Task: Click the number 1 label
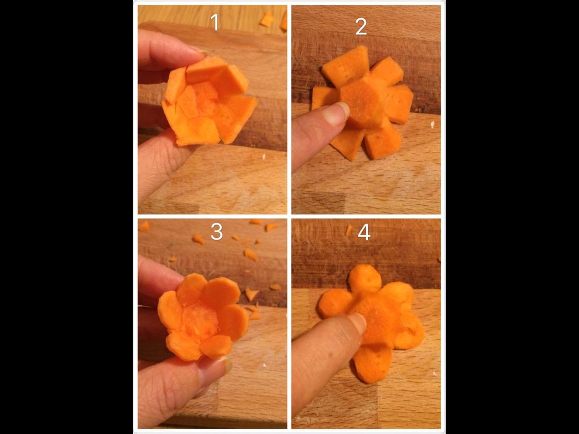(x=214, y=22)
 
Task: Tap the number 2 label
(x=361, y=27)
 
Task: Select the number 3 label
(x=217, y=232)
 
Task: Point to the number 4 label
(x=364, y=233)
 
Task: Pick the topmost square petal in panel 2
(x=346, y=66)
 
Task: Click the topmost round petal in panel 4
(x=365, y=279)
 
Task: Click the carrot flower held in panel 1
(x=209, y=101)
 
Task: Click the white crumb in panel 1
(x=264, y=157)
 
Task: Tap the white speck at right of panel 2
(x=432, y=125)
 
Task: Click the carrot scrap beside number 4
(x=348, y=230)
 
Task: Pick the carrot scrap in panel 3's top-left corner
(x=144, y=226)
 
